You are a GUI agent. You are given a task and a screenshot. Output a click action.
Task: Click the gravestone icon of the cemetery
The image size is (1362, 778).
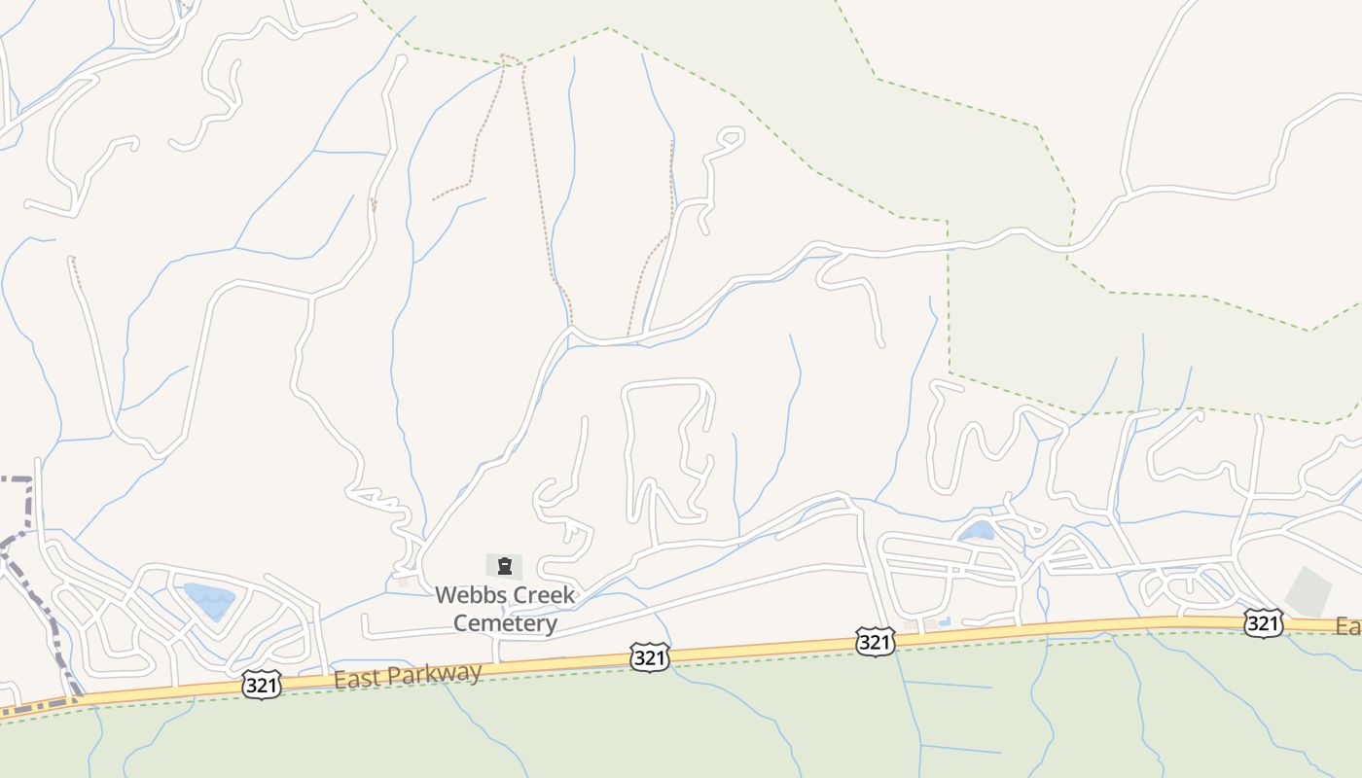504,565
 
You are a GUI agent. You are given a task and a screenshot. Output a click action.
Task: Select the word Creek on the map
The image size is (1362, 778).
544,594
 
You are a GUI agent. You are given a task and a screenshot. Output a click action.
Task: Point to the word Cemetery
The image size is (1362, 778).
505,622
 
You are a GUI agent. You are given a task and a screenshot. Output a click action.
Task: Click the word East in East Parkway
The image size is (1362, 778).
355,678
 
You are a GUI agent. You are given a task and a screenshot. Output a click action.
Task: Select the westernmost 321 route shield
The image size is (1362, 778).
262,685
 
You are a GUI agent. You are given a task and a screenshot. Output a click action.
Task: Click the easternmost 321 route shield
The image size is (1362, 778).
1262,622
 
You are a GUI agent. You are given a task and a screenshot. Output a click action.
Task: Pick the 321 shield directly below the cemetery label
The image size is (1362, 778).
649,657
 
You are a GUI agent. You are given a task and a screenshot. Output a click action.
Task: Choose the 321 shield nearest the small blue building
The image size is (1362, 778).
875,641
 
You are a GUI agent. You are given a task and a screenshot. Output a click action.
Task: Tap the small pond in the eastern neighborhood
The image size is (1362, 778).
977,531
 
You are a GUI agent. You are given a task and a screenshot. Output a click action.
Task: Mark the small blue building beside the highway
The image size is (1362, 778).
944,620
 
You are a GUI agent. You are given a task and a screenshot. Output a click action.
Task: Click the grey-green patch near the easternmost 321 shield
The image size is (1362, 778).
1308,590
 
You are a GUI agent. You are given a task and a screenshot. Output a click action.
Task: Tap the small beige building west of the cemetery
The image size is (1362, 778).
403,582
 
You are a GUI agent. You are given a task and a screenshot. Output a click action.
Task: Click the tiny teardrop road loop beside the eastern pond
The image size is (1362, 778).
1035,530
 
